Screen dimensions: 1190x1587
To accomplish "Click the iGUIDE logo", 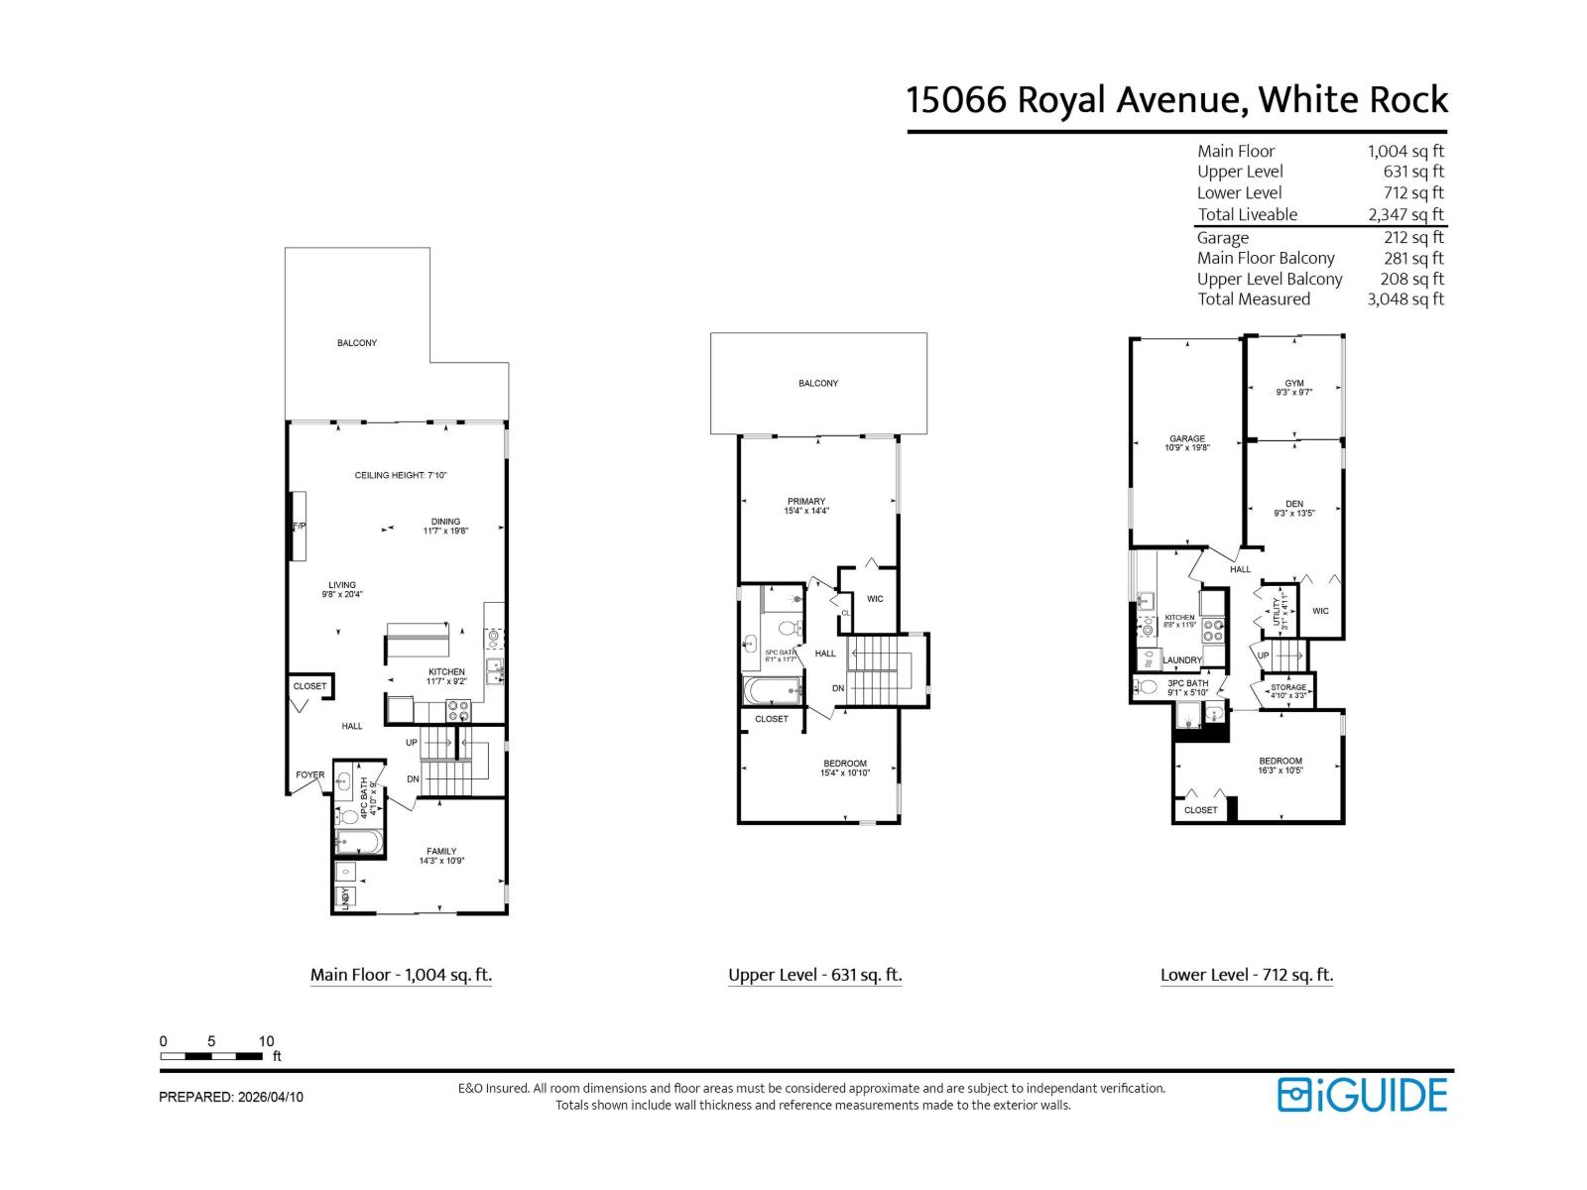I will pyautogui.click(x=1362, y=1095).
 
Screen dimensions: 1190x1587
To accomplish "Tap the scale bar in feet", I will pyautogui.click(x=211, y=1056).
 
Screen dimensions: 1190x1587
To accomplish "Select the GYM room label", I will pyautogui.click(x=1293, y=384).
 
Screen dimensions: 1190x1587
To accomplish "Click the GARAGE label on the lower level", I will pyautogui.click(x=1186, y=439).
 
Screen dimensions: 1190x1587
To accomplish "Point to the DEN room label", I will pyautogui.click(x=1293, y=505).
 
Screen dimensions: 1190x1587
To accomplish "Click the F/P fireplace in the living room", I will pyautogui.click(x=298, y=527).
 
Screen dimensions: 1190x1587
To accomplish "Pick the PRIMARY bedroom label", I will pyautogui.click(x=805, y=502).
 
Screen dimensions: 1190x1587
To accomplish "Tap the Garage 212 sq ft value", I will pyautogui.click(x=1413, y=237).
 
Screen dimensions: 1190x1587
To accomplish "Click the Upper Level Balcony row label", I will pyautogui.click(x=1269, y=279).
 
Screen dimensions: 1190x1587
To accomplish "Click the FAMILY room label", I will pyautogui.click(x=441, y=852).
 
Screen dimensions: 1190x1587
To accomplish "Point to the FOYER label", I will pyautogui.click(x=309, y=775).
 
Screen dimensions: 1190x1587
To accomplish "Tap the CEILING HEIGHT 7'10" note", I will pyautogui.click(x=401, y=476).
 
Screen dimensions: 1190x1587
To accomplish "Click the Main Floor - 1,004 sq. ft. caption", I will pyautogui.click(x=401, y=975).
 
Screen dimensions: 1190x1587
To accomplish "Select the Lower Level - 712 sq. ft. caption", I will pyautogui.click(x=1246, y=975).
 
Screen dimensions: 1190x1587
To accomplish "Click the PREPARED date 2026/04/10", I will pyautogui.click(x=231, y=1097).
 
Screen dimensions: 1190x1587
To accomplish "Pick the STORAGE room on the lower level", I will pyautogui.click(x=1288, y=688).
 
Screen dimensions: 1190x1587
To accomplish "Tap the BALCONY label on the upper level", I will pyautogui.click(x=817, y=383).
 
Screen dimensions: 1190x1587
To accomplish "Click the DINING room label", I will pyautogui.click(x=445, y=522).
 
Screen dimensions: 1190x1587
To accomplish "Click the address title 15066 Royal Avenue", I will pyautogui.click(x=1176, y=100).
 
